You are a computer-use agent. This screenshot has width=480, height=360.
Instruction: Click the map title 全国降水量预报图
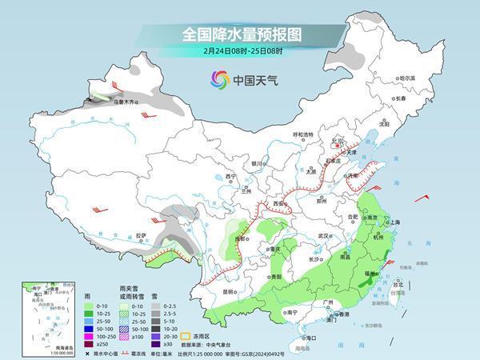(239, 34)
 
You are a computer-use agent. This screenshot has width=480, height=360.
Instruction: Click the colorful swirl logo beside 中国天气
(219, 80)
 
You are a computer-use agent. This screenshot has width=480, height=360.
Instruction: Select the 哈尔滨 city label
(407, 78)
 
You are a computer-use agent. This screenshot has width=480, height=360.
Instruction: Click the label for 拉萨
(141, 236)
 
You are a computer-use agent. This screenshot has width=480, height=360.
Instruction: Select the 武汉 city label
(323, 236)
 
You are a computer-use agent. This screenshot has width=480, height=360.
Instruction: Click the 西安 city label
(278, 205)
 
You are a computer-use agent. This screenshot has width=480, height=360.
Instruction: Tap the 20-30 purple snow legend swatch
(157, 334)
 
